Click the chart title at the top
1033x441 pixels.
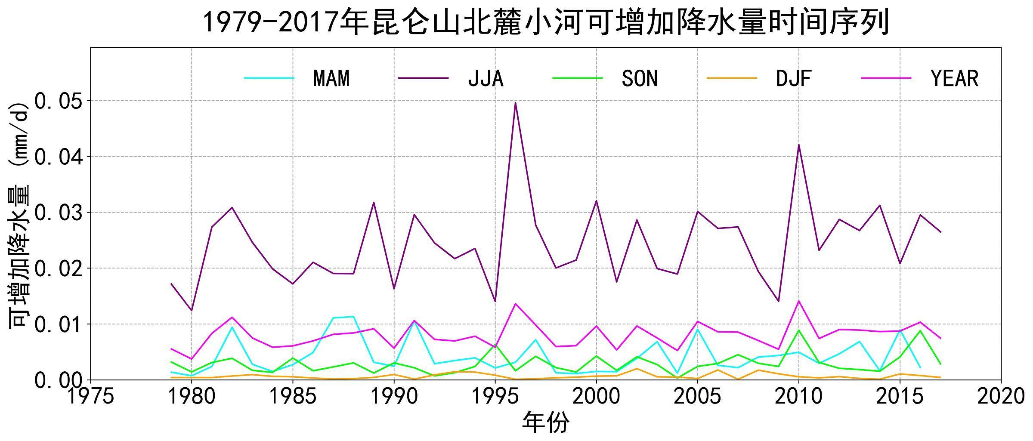point(545,22)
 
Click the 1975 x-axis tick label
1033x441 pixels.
point(90,396)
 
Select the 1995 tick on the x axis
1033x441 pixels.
point(495,396)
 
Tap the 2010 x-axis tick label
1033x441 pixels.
point(799,396)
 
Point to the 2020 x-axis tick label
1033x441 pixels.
point(1001,396)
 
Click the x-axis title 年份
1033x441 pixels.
point(545,423)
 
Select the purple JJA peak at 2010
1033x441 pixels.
point(799,145)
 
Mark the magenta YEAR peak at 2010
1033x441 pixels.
point(799,301)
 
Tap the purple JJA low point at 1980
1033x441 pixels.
point(192,310)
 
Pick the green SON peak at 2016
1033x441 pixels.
point(920,330)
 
